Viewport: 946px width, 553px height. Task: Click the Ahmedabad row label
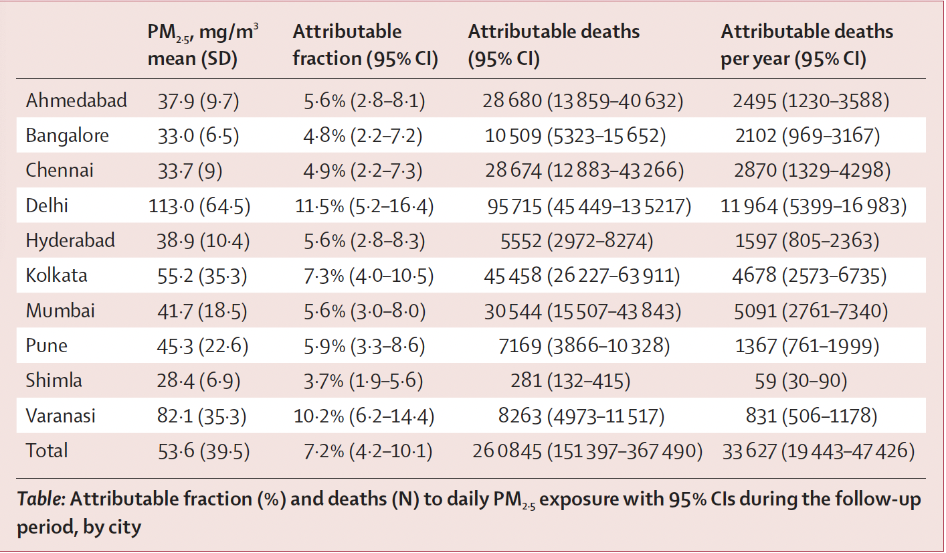click(76, 101)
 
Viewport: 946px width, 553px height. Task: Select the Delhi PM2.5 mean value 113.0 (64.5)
click(199, 206)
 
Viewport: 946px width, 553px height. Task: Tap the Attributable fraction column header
click(365, 45)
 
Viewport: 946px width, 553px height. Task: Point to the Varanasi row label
click(60, 416)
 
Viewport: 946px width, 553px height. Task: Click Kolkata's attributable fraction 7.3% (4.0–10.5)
click(364, 276)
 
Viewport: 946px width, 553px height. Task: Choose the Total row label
click(47, 451)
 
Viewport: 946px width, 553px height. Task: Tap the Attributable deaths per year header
click(806, 45)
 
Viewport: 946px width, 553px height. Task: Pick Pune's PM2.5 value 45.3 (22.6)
click(199, 346)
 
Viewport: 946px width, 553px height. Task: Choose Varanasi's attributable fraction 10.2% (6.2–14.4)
click(364, 416)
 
